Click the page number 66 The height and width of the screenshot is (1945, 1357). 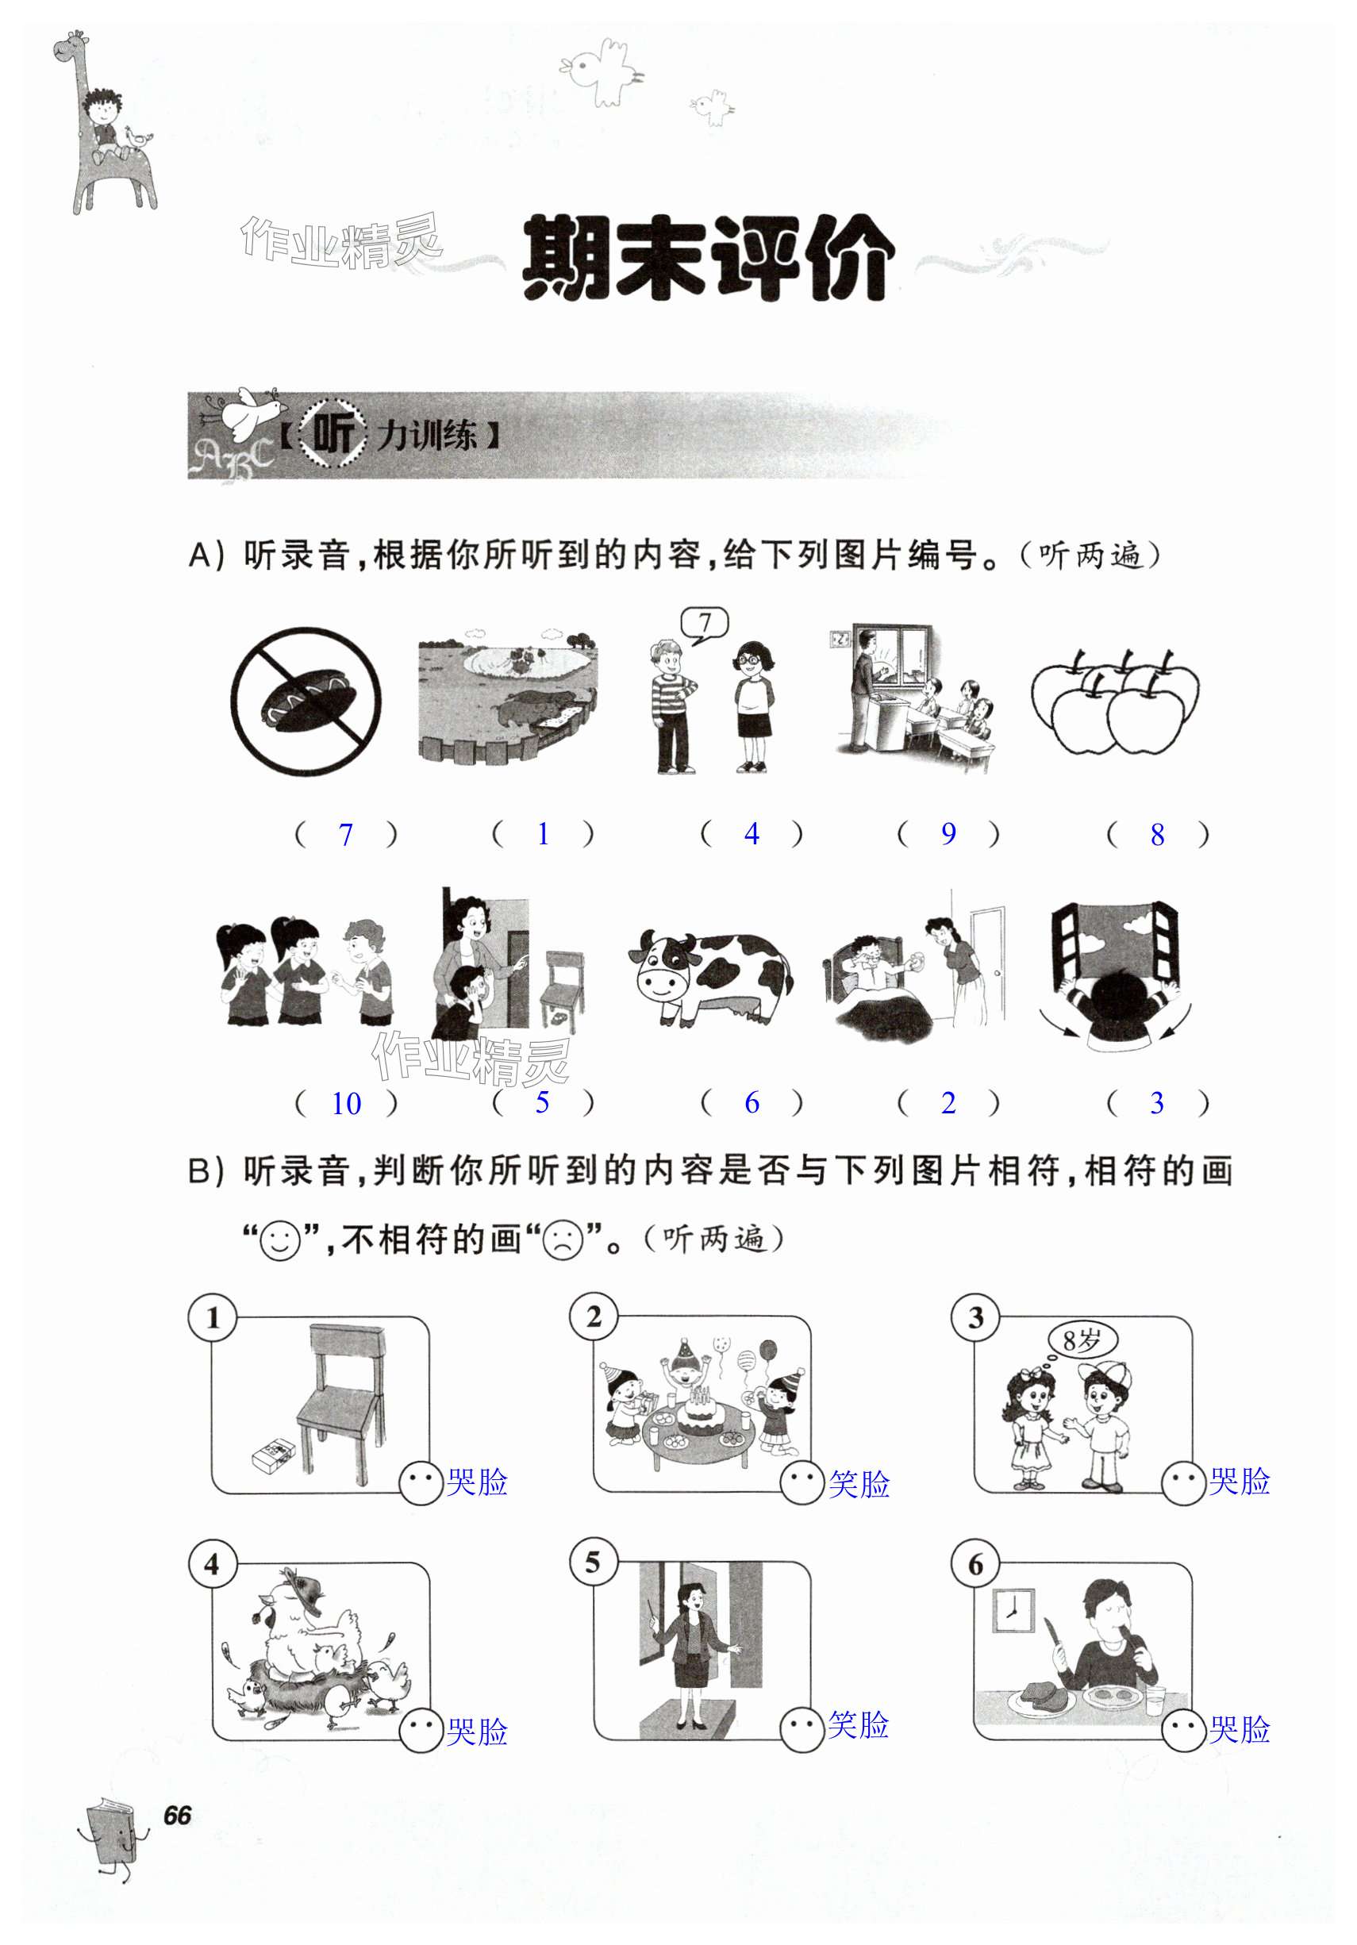[177, 1816]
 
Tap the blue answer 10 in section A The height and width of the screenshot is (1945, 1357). [347, 1104]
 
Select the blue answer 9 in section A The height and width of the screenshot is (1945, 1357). [949, 834]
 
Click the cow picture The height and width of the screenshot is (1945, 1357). [709, 978]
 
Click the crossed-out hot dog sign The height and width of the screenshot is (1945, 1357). [306, 701]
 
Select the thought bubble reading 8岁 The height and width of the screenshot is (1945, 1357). [1082, 1340]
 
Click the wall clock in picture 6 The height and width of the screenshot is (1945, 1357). [1013, 1610]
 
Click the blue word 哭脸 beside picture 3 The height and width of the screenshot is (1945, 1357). [1240, 1481]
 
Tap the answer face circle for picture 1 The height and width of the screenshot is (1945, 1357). [422, 1482]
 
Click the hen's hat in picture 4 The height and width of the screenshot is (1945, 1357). [302, 1591]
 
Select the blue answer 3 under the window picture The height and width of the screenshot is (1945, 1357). [1157, 1103]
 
